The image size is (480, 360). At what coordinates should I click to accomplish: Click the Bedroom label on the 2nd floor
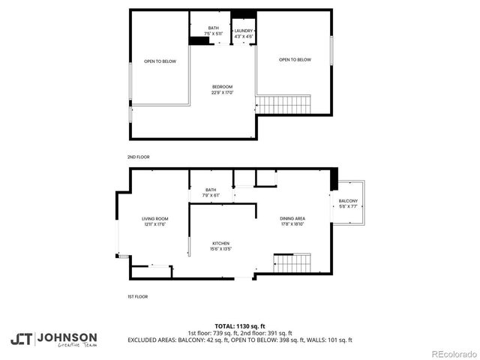[x=222, y=86]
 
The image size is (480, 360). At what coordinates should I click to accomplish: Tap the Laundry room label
[x=244, y=31]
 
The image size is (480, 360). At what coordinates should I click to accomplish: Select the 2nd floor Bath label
[x=213, y=28]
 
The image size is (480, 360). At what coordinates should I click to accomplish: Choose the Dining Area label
[x=293, y=218]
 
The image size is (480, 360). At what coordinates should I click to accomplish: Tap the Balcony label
[x=348, y=201]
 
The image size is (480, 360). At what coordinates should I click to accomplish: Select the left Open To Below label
[x=160, y=61]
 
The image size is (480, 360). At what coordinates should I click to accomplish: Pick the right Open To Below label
[x=295, y=60]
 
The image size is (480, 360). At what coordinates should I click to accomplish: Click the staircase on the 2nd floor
[x=284, y=104]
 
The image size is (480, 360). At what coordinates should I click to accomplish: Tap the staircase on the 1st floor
[x=292, y=263]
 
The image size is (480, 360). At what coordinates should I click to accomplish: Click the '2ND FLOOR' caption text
[x=138, y=157]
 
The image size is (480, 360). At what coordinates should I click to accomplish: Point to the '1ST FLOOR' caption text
[x=137, y=296]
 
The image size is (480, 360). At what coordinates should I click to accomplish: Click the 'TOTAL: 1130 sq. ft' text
[x=240, y=326]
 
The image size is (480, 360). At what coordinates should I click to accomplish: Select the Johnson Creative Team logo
[x=53, y=339]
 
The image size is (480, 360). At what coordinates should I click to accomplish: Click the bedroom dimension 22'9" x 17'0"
[x=222, y=92]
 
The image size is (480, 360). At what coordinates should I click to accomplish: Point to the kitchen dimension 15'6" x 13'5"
[x=220, y=249]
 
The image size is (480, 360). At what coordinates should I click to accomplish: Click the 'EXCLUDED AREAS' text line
[x=240, y=340]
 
